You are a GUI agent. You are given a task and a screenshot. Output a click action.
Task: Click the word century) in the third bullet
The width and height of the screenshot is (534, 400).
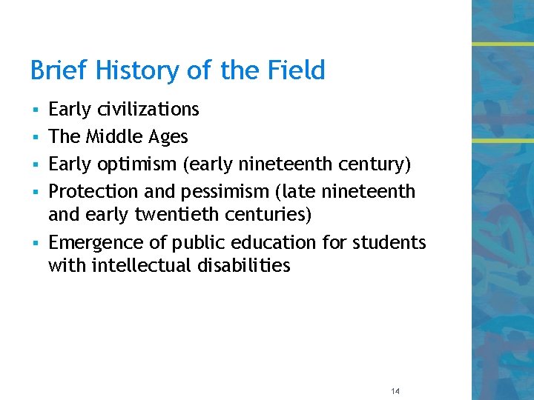(374, 164)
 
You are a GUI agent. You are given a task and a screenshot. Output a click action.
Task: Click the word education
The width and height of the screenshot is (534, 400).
(258, 243)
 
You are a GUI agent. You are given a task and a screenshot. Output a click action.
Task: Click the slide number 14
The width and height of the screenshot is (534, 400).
(394, 391)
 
